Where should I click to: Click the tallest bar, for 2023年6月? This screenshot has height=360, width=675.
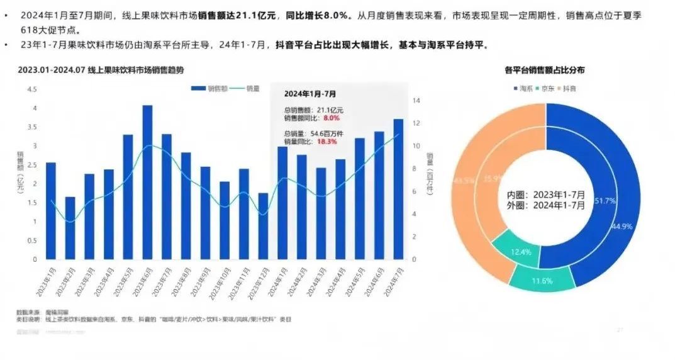click(147, 183)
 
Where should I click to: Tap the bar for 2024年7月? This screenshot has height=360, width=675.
click(398, 189)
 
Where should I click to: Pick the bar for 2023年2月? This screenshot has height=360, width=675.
click(70, 228)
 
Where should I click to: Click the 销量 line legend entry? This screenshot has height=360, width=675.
click(246, 89)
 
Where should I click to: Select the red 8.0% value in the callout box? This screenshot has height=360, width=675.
click(332, 118)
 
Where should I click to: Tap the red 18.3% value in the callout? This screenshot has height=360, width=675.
click(327, 142)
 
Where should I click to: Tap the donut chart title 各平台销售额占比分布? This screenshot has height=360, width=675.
click(545, 69)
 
